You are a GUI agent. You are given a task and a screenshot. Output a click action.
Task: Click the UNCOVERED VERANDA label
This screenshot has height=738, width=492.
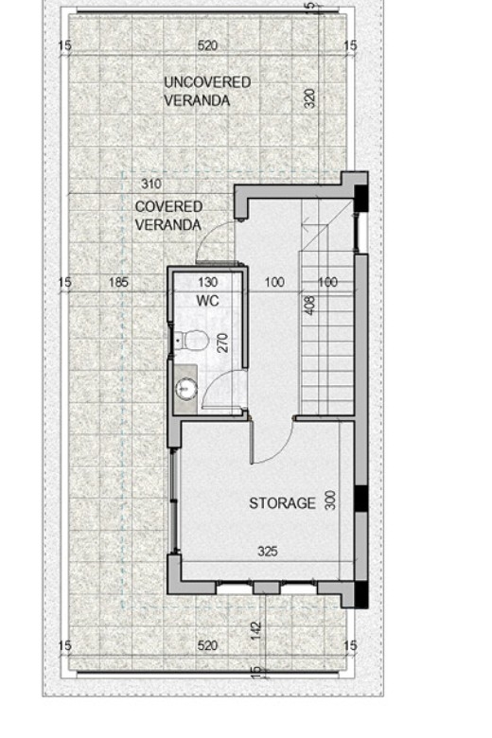pyautogui.click(x=206, y=92)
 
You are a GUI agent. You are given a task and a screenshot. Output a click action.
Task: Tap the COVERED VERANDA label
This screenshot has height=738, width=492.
pyautogui.click(x=168, y=216)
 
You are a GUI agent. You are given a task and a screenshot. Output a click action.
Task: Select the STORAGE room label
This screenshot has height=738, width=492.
pyautogui.click(x=282, y=503)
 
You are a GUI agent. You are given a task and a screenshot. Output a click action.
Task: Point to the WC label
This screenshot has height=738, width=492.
pyautogui.click(x=207, y=300)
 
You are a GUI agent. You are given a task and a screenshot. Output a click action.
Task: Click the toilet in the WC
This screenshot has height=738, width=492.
pyautogui.click(x=193, y=340)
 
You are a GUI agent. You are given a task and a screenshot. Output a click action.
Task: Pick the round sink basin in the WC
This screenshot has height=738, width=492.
pyautogui.click(x=186, y=389)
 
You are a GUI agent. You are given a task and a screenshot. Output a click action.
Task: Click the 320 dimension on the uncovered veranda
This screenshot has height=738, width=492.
pyautogui.click(x=309, y=98)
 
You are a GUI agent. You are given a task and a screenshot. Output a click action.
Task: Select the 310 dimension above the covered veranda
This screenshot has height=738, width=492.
pyautogui.click(x=151, y=184)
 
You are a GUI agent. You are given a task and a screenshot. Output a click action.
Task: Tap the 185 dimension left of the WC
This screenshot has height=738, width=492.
pyautogui.click(x=118, y=282)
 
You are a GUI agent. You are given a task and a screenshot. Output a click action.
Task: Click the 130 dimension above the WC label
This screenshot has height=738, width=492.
pyautogui.click(x=207, y=282)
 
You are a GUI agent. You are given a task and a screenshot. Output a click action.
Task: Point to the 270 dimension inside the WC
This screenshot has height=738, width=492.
pyautogui.click(x=223, y=343)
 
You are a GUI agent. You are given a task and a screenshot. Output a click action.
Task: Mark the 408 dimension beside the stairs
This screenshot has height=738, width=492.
pyautogui.click(x=309, y=305)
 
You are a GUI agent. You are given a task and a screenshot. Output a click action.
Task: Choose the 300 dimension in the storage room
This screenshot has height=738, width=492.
pyautogui.click(x=330, y=500)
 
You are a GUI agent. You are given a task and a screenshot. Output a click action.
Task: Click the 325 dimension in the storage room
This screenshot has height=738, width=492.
pyautogui.click(x=268, y=551)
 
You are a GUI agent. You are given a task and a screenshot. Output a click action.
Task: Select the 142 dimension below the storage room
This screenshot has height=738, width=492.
pyautogui.click(x=256, y=631)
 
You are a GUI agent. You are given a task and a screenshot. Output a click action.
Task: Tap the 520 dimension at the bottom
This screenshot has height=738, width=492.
pyautogui.click(x=207, y=645)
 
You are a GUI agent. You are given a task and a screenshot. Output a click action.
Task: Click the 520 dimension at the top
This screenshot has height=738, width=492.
pyautogui.click(x=207, y=45)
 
